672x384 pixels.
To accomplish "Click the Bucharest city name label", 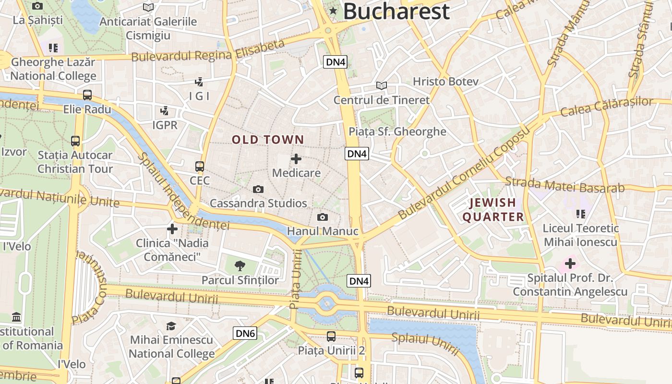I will tap(396, 11).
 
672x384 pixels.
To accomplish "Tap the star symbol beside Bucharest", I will tap(333, 11).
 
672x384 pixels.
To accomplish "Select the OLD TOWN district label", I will tap(268, 140).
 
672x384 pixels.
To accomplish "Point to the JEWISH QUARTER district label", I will tap(493, 210).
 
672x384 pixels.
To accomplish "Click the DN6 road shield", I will tap(245, 333).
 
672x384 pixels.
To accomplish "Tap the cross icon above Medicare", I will tap(296, 159).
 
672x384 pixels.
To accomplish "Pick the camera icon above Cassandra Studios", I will tap(258, 189).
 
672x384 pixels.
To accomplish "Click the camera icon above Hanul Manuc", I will tap(323, 217).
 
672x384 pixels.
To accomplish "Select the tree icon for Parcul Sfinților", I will tap(240, 265).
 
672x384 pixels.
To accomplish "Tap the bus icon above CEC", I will tap(200, 167).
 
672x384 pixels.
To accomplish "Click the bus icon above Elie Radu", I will tap(87, 95).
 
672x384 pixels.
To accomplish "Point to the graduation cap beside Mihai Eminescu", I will tap(171, 326).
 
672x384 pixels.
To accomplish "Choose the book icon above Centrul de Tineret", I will tap(382, 86).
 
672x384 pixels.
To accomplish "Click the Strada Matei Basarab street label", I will tap(564, 185).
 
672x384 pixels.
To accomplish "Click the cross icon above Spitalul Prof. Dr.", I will tap(570, 264).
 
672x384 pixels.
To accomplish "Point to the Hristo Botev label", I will tap(445, 82).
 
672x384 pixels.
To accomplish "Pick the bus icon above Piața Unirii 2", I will tap(331, 336).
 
